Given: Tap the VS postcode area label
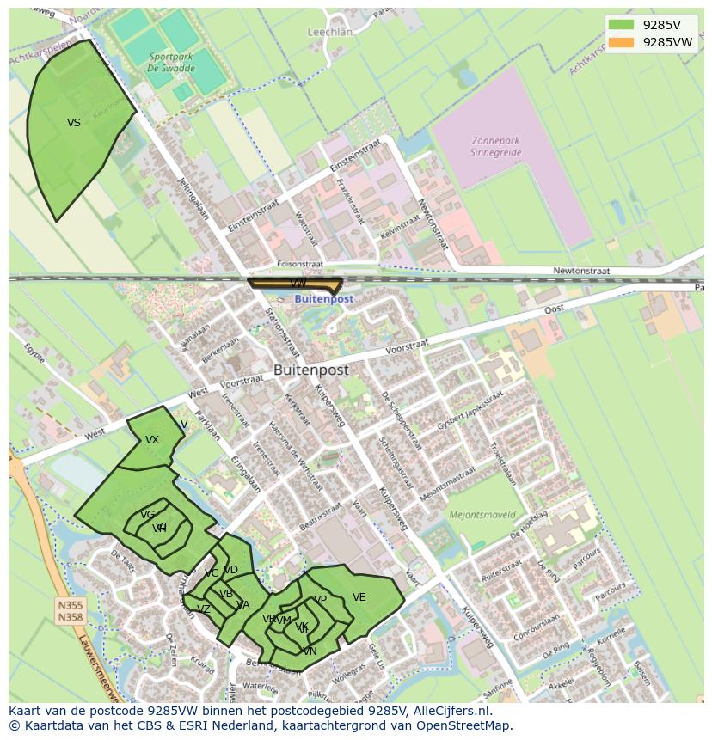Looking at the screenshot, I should click(74, 123).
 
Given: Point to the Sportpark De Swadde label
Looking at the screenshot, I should click(169, 61).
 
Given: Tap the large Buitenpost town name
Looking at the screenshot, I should click(311, 370).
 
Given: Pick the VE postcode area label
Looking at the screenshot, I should click(359, 597).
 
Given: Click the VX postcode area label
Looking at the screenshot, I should click(152, 440).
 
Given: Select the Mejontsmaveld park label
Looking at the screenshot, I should click(482, 516).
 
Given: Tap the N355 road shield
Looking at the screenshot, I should click(71, 605).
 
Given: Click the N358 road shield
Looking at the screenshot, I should click(71, 617).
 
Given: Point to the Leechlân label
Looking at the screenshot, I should click(330, 32).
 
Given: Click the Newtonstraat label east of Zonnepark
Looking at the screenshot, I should click(581, 271).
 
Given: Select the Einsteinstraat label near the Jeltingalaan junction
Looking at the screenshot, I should click(256, 216).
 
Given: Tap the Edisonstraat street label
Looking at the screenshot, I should click(300, 265).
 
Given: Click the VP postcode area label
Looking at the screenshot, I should click(320, 600).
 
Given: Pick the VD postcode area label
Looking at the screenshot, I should click(230, 570).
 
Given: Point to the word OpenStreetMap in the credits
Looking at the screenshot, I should click(463, 725).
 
